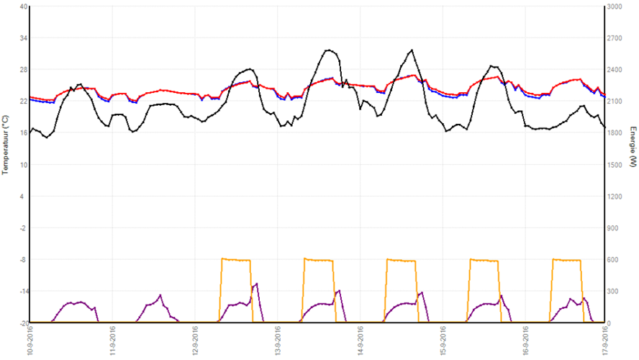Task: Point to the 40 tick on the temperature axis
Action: pos(24,6)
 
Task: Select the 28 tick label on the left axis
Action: pos(24,70)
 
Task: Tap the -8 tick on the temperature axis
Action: pos(24,259)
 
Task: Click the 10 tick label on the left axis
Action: pos(24,164)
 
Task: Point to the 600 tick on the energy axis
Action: pos(612,259)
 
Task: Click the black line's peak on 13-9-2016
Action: pos(329,50)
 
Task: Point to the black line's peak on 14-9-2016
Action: pos(411,50)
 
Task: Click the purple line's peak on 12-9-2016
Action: pos(256,283)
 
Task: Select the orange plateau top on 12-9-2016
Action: pos(235,259)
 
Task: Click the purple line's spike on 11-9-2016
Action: pos(161,294)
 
